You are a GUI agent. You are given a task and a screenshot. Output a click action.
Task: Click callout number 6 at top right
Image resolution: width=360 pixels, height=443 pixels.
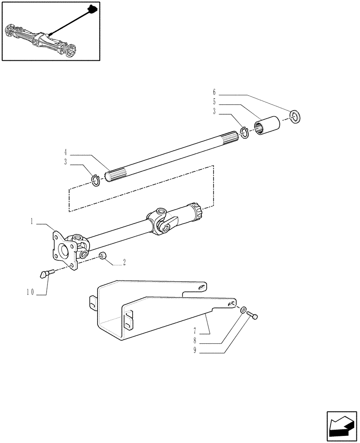(214, 92)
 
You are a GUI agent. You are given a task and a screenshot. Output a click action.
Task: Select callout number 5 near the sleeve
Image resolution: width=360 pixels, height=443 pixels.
(214, 102)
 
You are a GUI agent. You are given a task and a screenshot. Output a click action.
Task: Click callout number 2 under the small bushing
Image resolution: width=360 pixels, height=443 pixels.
(125, 263)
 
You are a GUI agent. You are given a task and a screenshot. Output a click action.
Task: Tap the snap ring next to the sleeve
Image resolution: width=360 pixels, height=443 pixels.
(244, 132)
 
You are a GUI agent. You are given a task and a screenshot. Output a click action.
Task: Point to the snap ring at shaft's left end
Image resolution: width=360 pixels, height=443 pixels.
(96, 180)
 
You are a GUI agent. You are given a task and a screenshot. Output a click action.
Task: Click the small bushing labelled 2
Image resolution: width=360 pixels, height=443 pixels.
(102, 256)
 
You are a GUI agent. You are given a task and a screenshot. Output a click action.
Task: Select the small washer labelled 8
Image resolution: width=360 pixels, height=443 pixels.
(244, 310)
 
